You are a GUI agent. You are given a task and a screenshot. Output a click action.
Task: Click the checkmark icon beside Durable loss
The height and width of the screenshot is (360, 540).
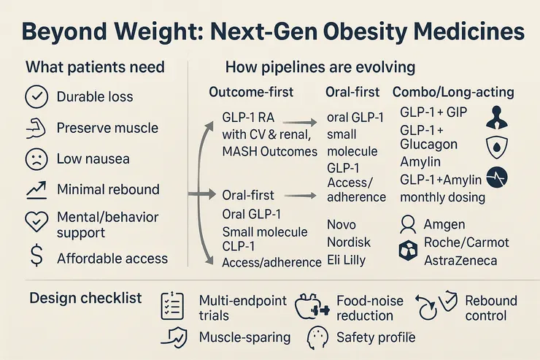tap(36, 96)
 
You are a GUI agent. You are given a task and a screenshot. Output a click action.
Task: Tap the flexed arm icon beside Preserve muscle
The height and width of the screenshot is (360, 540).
tap(36, 128)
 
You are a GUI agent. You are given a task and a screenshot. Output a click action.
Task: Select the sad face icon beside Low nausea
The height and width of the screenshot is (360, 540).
tap(36, 158)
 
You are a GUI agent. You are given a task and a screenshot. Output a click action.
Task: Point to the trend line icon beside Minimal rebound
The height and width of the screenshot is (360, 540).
tap(36, 189)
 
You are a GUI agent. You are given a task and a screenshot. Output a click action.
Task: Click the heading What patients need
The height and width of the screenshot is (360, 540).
tap(95, 67)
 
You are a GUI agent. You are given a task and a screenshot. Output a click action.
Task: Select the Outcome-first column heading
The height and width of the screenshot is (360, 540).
tap(252, 93)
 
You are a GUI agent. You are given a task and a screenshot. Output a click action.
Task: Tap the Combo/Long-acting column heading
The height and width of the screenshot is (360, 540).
tap(453, 93)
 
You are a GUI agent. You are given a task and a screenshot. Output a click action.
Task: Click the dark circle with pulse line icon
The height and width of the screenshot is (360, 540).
tap(497, 178)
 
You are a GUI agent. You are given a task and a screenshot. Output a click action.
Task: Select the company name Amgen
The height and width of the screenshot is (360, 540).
tap(444, 223)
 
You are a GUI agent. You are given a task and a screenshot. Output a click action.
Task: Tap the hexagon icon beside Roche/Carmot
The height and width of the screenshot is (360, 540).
tap(406, 250)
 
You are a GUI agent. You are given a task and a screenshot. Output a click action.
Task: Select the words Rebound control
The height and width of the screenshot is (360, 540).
tap(490, 308)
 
